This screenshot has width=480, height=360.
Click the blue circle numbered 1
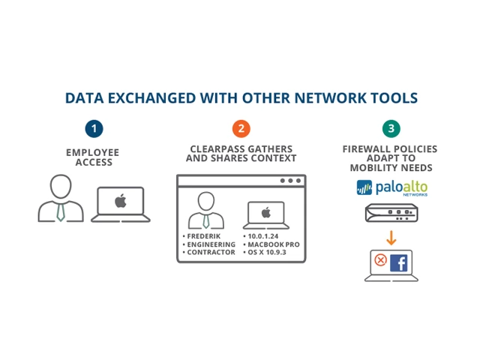[94, 128]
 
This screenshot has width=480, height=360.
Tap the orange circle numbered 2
[241, 128]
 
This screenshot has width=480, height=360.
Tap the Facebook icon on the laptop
[397, 262]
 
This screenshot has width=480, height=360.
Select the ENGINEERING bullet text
[211, 243]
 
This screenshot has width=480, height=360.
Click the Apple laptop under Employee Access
[119, 203]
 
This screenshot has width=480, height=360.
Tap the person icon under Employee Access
[61, 199]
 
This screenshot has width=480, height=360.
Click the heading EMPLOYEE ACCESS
[93, 156]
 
